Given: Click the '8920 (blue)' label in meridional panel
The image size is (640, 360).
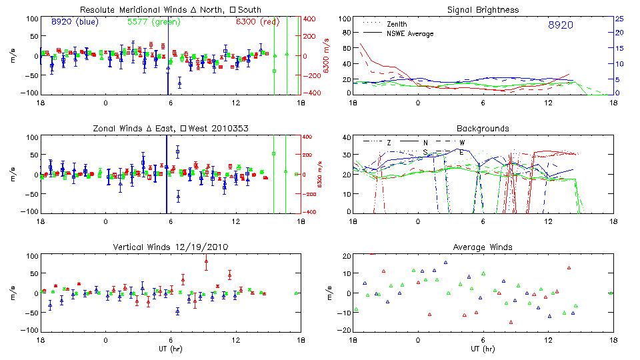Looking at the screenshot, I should (75, 22).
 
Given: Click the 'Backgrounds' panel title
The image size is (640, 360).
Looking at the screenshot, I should (483, 128).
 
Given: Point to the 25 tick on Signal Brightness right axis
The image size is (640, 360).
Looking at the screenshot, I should (619, 19).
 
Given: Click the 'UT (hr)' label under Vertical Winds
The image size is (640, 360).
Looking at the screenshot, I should (170, 348).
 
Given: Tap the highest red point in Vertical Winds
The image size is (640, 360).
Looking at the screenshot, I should (206, 261).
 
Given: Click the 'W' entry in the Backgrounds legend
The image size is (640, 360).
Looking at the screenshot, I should (461, 142).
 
